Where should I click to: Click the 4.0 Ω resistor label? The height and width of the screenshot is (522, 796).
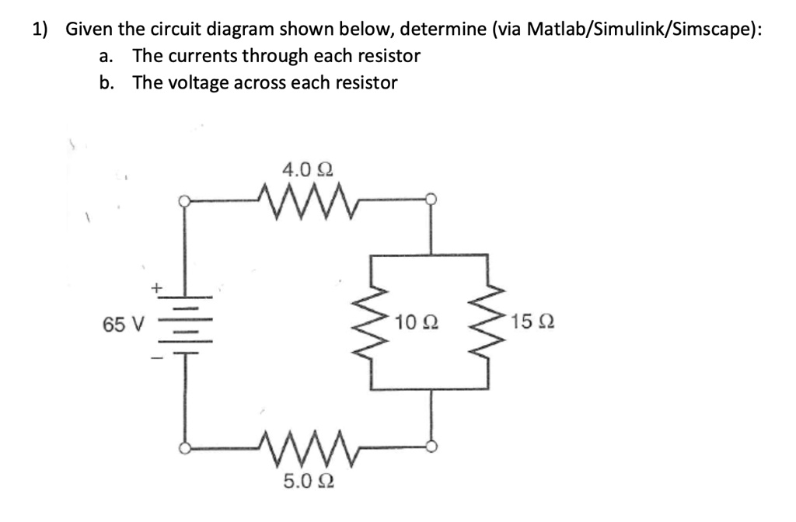click(302, 169)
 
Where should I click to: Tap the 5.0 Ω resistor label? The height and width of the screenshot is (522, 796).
click(303, 483)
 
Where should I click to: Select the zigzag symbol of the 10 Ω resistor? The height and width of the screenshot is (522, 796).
click(376, 322)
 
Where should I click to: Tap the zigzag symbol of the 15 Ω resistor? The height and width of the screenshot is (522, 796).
click(489, 322)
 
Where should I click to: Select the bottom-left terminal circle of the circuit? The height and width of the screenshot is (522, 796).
click(184, 448)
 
